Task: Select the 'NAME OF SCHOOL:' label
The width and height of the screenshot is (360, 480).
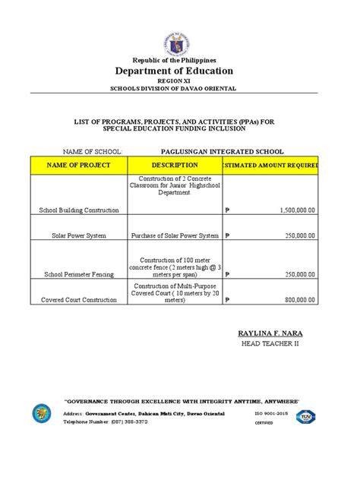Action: (78, 152)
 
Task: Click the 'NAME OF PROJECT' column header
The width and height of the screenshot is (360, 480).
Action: (79, 165)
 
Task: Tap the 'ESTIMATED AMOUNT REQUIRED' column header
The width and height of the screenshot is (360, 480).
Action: (270, 165)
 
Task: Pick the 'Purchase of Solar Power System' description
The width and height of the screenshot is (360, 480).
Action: (175, 235)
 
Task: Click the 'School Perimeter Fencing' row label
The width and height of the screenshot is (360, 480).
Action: (79, 273)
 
